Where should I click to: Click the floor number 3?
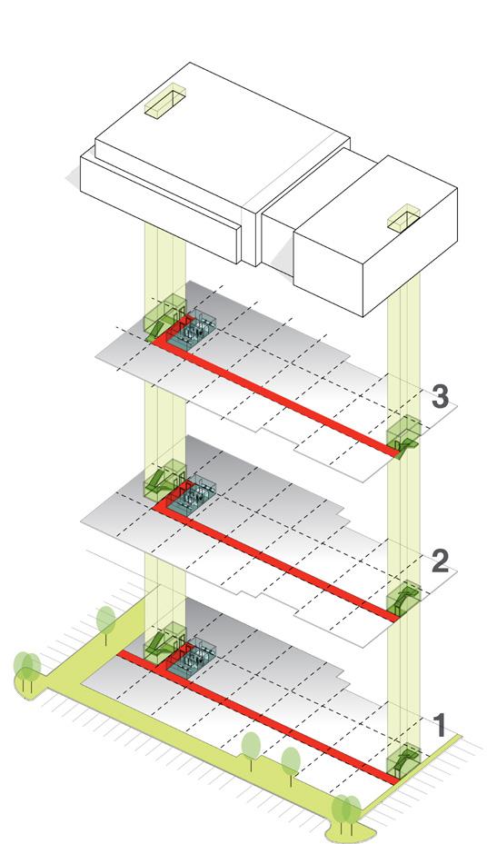(x=440, y=397)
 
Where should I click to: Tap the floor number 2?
(x=440, y=561)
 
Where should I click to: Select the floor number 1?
(x=440, y=725)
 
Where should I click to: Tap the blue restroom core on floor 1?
(x=192, y=660)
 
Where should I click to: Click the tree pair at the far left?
(x=27, y=671)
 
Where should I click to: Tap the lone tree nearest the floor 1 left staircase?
(x=106, y=623)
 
